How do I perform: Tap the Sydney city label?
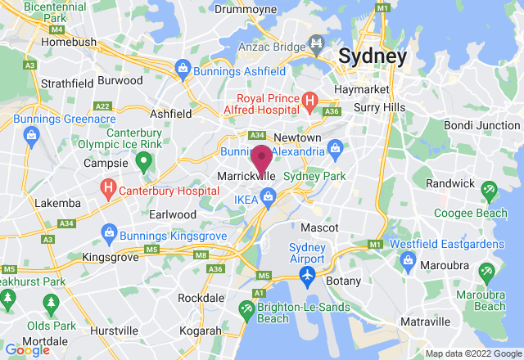coord(372,56)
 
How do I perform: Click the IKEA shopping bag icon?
coord(268,196)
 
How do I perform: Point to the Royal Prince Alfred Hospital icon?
coord(309,101)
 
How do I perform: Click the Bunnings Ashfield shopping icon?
coord(182,67)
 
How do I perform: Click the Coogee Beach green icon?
coord(490,191)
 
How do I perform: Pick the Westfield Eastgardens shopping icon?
coord(408,259)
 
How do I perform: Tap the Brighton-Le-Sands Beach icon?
coord(246,308)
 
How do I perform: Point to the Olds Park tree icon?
coord(52,305)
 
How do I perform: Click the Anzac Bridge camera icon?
coord(314,43)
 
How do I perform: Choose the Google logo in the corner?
coord(27,349)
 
